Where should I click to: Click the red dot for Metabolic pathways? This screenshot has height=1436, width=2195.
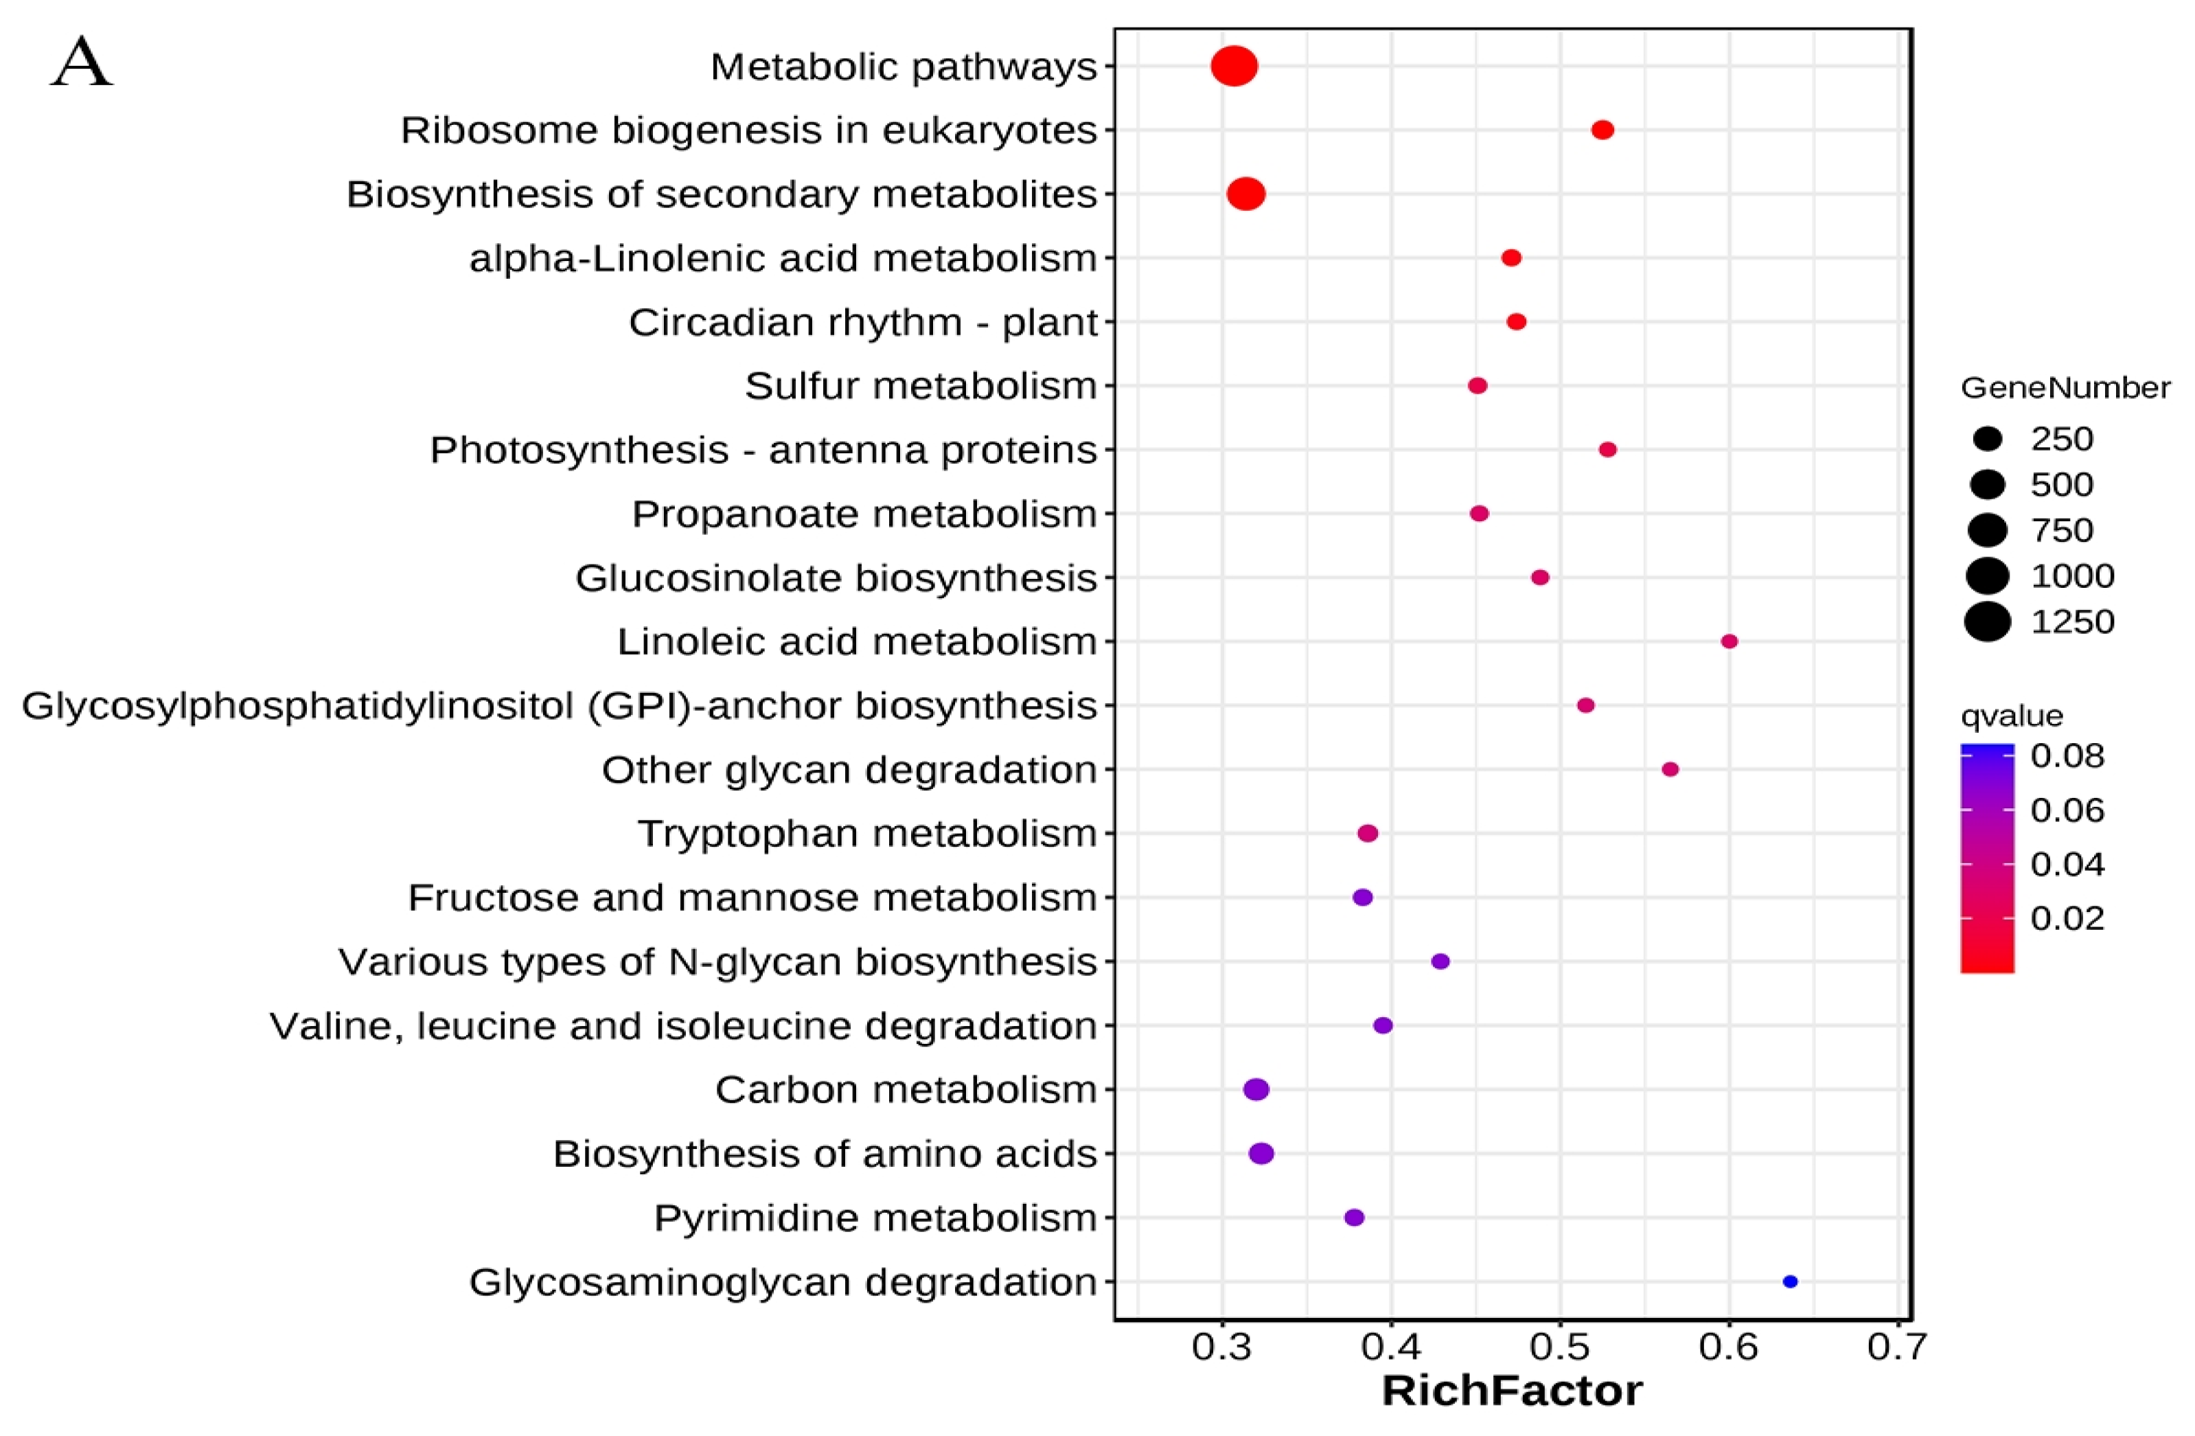pyautogui.click(x=1234, y=67)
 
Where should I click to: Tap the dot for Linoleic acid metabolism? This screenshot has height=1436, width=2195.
pyautogui.click(x=1729, y=641)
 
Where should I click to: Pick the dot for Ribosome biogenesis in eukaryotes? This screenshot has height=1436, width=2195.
pyautogui.click(x=1603, y=130)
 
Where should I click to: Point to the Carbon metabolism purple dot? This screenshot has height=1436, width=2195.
pyautogui.click(x=1256, y=1089)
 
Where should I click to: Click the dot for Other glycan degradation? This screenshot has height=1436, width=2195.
pyautogui.click(x=1670, y=769)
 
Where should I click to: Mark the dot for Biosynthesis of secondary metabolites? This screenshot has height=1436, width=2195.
pyautogui.click(x=1246, y=194)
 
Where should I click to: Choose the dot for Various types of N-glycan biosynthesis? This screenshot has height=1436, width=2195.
pyautogui.click(x=1440, y=961)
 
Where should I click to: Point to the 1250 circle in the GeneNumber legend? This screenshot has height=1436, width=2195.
pyautogui.click(x=1988, y=621)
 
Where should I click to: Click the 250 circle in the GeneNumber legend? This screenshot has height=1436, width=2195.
pyautogui.click(x=1988, y=439)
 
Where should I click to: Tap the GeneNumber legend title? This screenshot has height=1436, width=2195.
pyautogui.click(x=2065, y=388)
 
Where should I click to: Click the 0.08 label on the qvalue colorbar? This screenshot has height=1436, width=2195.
pyautogui.click(x=2068, y=756)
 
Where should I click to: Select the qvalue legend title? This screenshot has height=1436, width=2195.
pyautogui.click(x=2012, y=716)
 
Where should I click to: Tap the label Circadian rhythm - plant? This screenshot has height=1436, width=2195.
pyautogui.click(x=863, y=323)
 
